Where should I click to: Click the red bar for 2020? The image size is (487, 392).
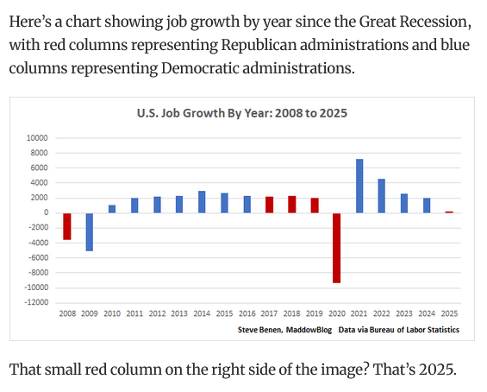[x=336, y=248]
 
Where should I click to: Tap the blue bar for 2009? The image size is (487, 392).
[x=89, y=231]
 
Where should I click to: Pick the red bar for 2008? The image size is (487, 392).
[x=66, y=226]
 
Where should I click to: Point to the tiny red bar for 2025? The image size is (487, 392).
[x=448, y=212]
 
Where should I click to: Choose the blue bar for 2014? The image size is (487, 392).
[x=202, y=202]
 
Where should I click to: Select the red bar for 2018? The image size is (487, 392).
[x=291, y=205]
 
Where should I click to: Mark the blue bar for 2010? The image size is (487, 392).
[x=111, y=209]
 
